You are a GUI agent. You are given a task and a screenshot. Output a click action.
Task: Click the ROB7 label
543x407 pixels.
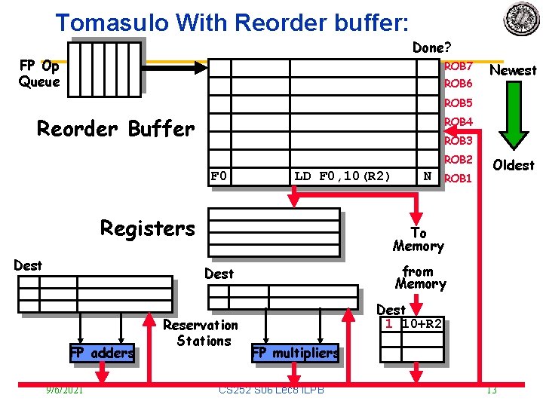click(458, 67)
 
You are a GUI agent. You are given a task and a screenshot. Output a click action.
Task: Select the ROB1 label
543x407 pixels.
click(458, 179)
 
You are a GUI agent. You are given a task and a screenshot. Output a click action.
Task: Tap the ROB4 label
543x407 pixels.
click(458, 122)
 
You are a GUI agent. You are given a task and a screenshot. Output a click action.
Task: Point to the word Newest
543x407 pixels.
click(513, 70)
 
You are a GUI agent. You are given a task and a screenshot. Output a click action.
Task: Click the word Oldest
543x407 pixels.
click(513, 165)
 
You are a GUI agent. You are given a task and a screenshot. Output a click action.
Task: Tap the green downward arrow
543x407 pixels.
click(513, 117)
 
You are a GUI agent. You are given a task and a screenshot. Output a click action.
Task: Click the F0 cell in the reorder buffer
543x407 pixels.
click(219, 176)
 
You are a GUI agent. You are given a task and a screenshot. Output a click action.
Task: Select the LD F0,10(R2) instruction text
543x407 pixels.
click(342, 176)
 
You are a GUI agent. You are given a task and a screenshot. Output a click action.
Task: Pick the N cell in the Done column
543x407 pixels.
click(428, 176)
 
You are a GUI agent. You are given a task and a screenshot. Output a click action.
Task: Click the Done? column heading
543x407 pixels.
click(431, 47)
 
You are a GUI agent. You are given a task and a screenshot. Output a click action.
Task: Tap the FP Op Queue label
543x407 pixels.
click(39, 74)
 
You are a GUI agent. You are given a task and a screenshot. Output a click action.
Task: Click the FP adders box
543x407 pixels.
click(102, 353)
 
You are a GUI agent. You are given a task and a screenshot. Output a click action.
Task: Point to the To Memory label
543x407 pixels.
click(419, 240)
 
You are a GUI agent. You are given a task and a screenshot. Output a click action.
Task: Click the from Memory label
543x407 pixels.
click(419, 277)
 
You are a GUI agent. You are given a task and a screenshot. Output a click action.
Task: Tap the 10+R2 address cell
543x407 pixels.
click(422, 324)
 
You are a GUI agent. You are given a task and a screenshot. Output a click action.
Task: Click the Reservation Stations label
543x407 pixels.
click(201, 333)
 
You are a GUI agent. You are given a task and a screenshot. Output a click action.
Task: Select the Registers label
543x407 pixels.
click(148, 228)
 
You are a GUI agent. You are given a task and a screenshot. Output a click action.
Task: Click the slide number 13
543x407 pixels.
click(491, 390)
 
